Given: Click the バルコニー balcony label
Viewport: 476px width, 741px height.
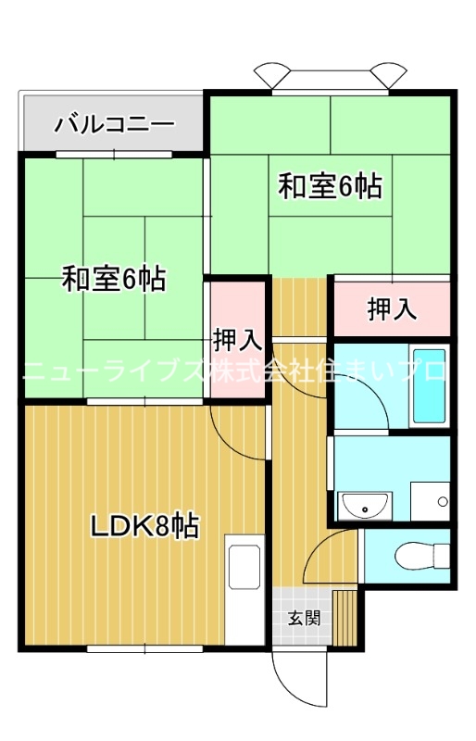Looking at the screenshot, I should point(114,123).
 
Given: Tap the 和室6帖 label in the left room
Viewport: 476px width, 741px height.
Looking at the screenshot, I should point(114,278).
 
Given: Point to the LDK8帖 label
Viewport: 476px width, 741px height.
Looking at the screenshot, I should point(144,526).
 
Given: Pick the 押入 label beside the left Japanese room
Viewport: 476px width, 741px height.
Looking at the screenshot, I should point(238,339).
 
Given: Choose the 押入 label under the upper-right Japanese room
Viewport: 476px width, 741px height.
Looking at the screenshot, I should point(393,309).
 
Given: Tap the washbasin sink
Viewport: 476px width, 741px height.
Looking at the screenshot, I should point(365,506).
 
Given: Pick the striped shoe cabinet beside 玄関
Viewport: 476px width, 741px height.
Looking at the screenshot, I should point(346,615).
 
